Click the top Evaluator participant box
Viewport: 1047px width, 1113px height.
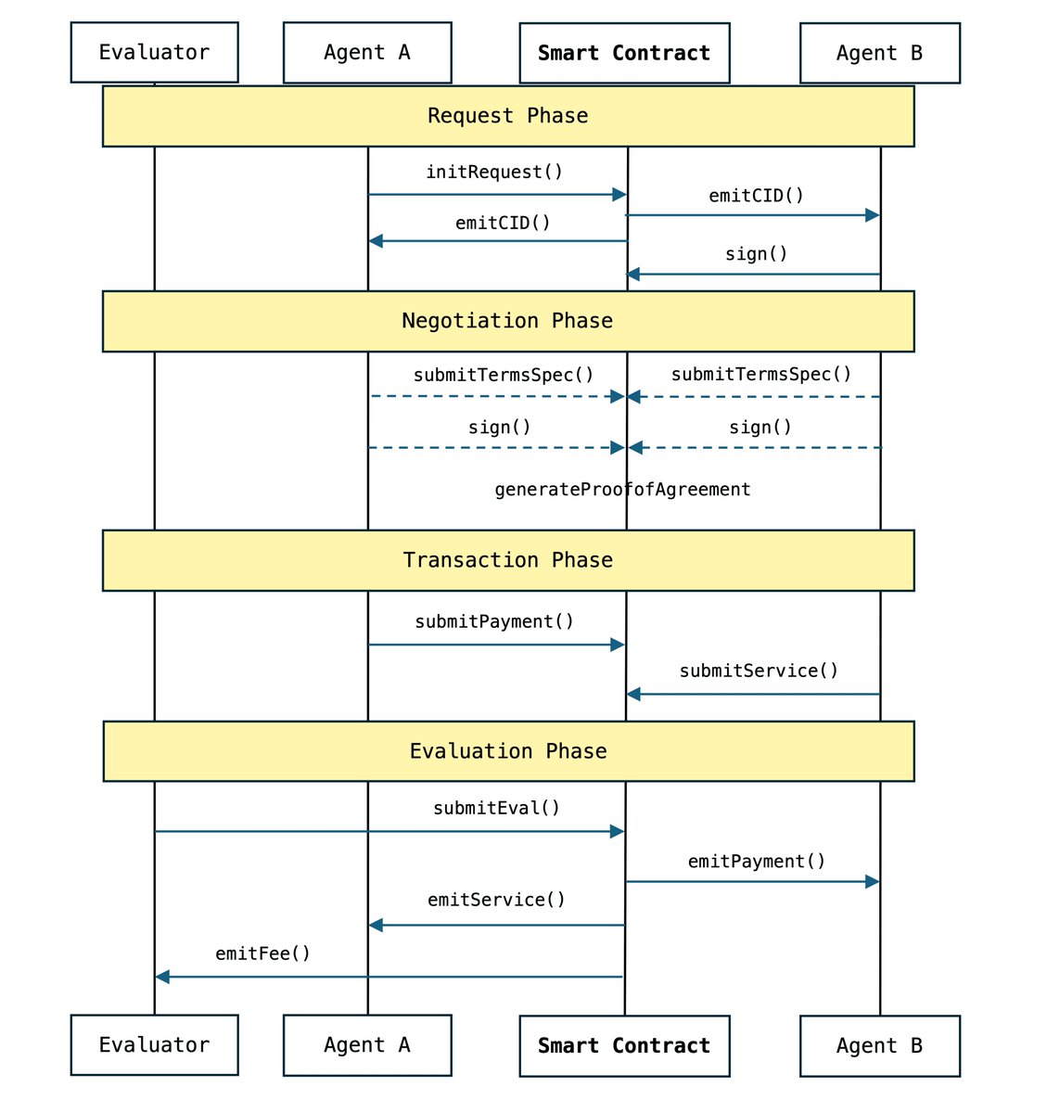click(x=154, y=53)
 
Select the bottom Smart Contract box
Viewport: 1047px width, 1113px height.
click(x=624, y=1045)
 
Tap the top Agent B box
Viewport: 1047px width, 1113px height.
click(x=879, y=54)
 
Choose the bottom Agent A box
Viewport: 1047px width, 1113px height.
click(x=367, y=1045)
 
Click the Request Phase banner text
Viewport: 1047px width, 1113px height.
click(x=507, y=116)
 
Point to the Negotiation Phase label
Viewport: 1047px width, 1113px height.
click(x=507, y=321)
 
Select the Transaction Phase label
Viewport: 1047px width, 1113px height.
click(x=507, y=560)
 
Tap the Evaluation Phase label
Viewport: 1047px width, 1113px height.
click(x=508, y=751)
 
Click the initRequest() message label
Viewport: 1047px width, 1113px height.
click(x=494, y=173)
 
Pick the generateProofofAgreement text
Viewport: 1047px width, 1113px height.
click(x=622, y=490)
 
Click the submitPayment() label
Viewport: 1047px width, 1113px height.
click(x=494, y=621)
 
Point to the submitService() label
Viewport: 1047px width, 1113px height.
click(x=759, y=671)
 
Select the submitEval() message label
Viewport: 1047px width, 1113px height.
click(x=496, y=808)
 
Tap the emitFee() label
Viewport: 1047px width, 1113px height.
click(x=262, y=953)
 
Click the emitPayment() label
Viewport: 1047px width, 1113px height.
click(x=756, y=862)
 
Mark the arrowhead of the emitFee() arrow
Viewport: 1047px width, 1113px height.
click(x=162, y=977)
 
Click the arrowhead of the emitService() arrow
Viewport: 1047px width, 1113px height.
click(x=376, y=925)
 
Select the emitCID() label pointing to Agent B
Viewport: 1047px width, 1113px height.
click(x=756, y=196)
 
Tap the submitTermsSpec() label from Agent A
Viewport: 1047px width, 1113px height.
click(x=504, y=375)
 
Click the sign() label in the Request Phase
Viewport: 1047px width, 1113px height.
click(x=756, y=254)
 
